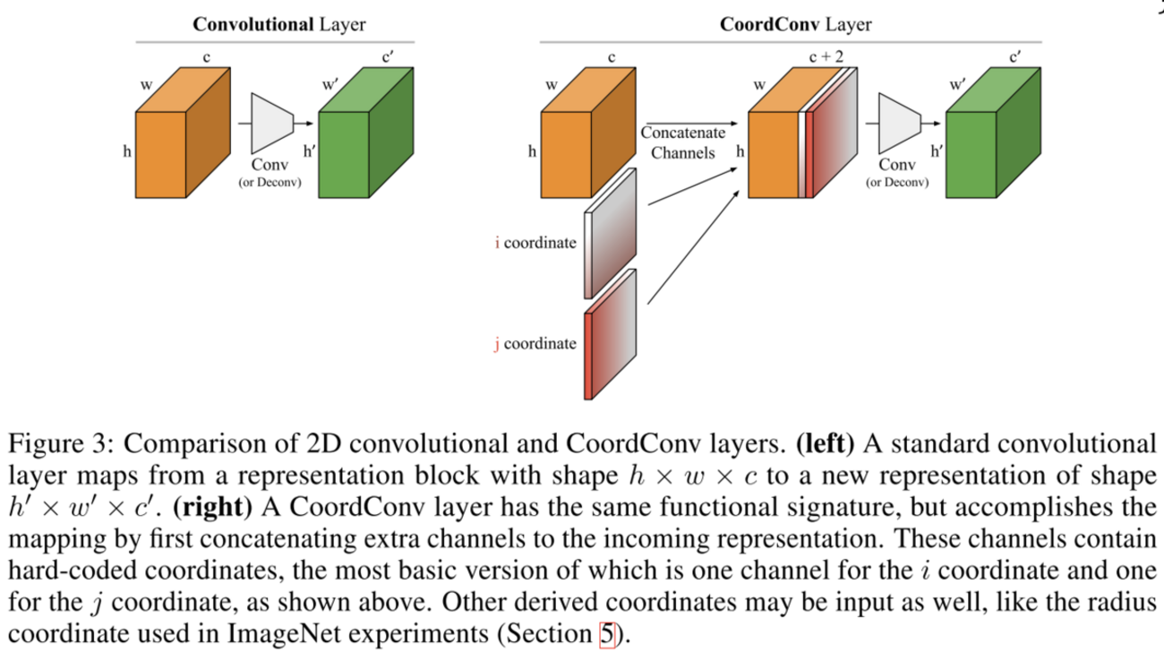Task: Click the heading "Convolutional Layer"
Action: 278,24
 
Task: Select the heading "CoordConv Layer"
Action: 794,24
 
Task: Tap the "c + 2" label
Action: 826,57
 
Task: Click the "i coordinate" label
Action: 535,243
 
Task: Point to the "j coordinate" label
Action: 535,343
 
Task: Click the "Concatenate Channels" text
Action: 683,143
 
